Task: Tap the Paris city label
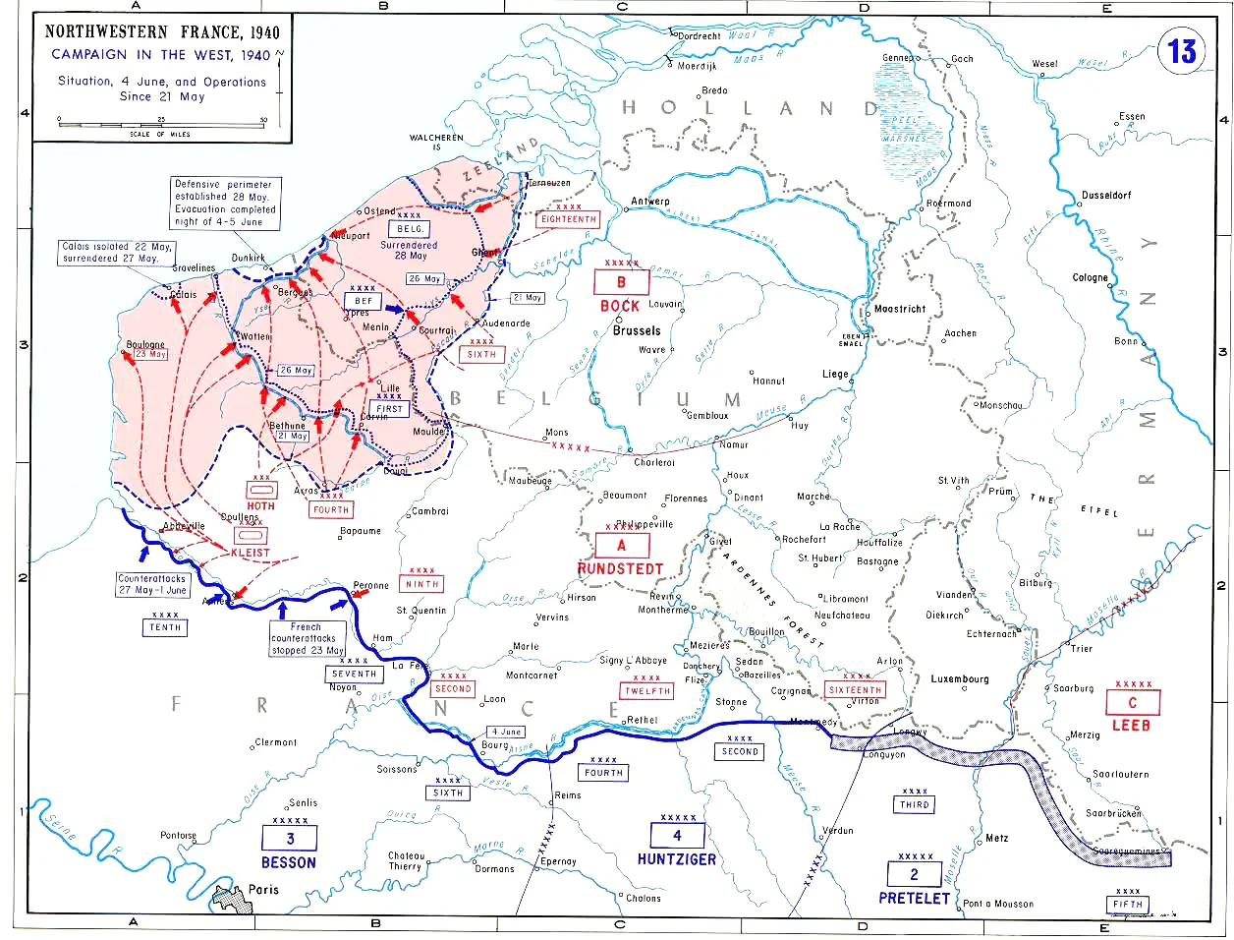pos(263,889)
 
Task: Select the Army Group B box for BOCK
pos(620,283)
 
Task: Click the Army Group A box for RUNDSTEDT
pos(620,546)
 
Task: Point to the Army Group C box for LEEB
pos(1132,703)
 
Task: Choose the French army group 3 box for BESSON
pos(289,839)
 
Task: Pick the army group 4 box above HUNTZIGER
pos(677,836)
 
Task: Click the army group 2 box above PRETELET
pos(914,874)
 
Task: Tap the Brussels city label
pos(637,331)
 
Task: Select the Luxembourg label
pos(960,679)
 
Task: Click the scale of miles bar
pos(162,123)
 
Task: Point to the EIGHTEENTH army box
pos(568,219)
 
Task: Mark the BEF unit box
pos(364,301)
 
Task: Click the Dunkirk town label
pos(249,259)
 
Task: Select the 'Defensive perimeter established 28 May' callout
pos(225,203)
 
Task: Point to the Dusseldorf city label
pos(1105,196)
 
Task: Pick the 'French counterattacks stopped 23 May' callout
pos(308,638)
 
